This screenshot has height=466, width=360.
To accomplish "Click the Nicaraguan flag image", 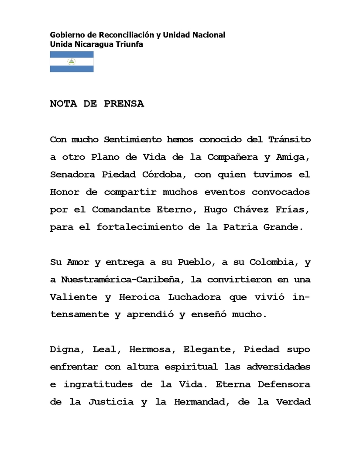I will click(72, 62).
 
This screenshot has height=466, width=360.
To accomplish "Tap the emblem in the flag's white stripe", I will click(72, 62).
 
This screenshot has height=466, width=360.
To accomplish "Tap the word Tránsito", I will click(289, 140).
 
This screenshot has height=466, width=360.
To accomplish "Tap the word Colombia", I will click(271, 262).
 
